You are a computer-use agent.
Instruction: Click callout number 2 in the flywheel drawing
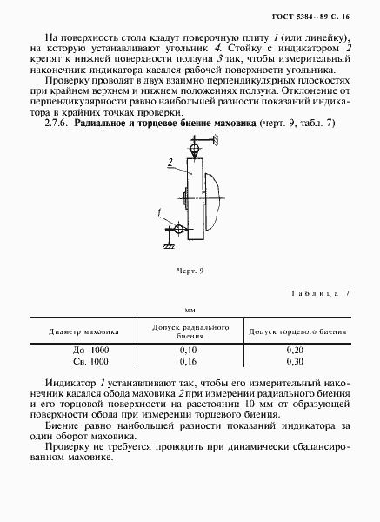coord(170,160)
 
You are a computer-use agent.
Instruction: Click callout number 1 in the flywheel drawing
coord(159,212)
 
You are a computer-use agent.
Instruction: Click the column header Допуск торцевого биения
coord(298,331)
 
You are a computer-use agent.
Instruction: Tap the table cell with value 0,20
coord(297,349)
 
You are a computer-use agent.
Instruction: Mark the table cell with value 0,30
coord(297,360)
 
